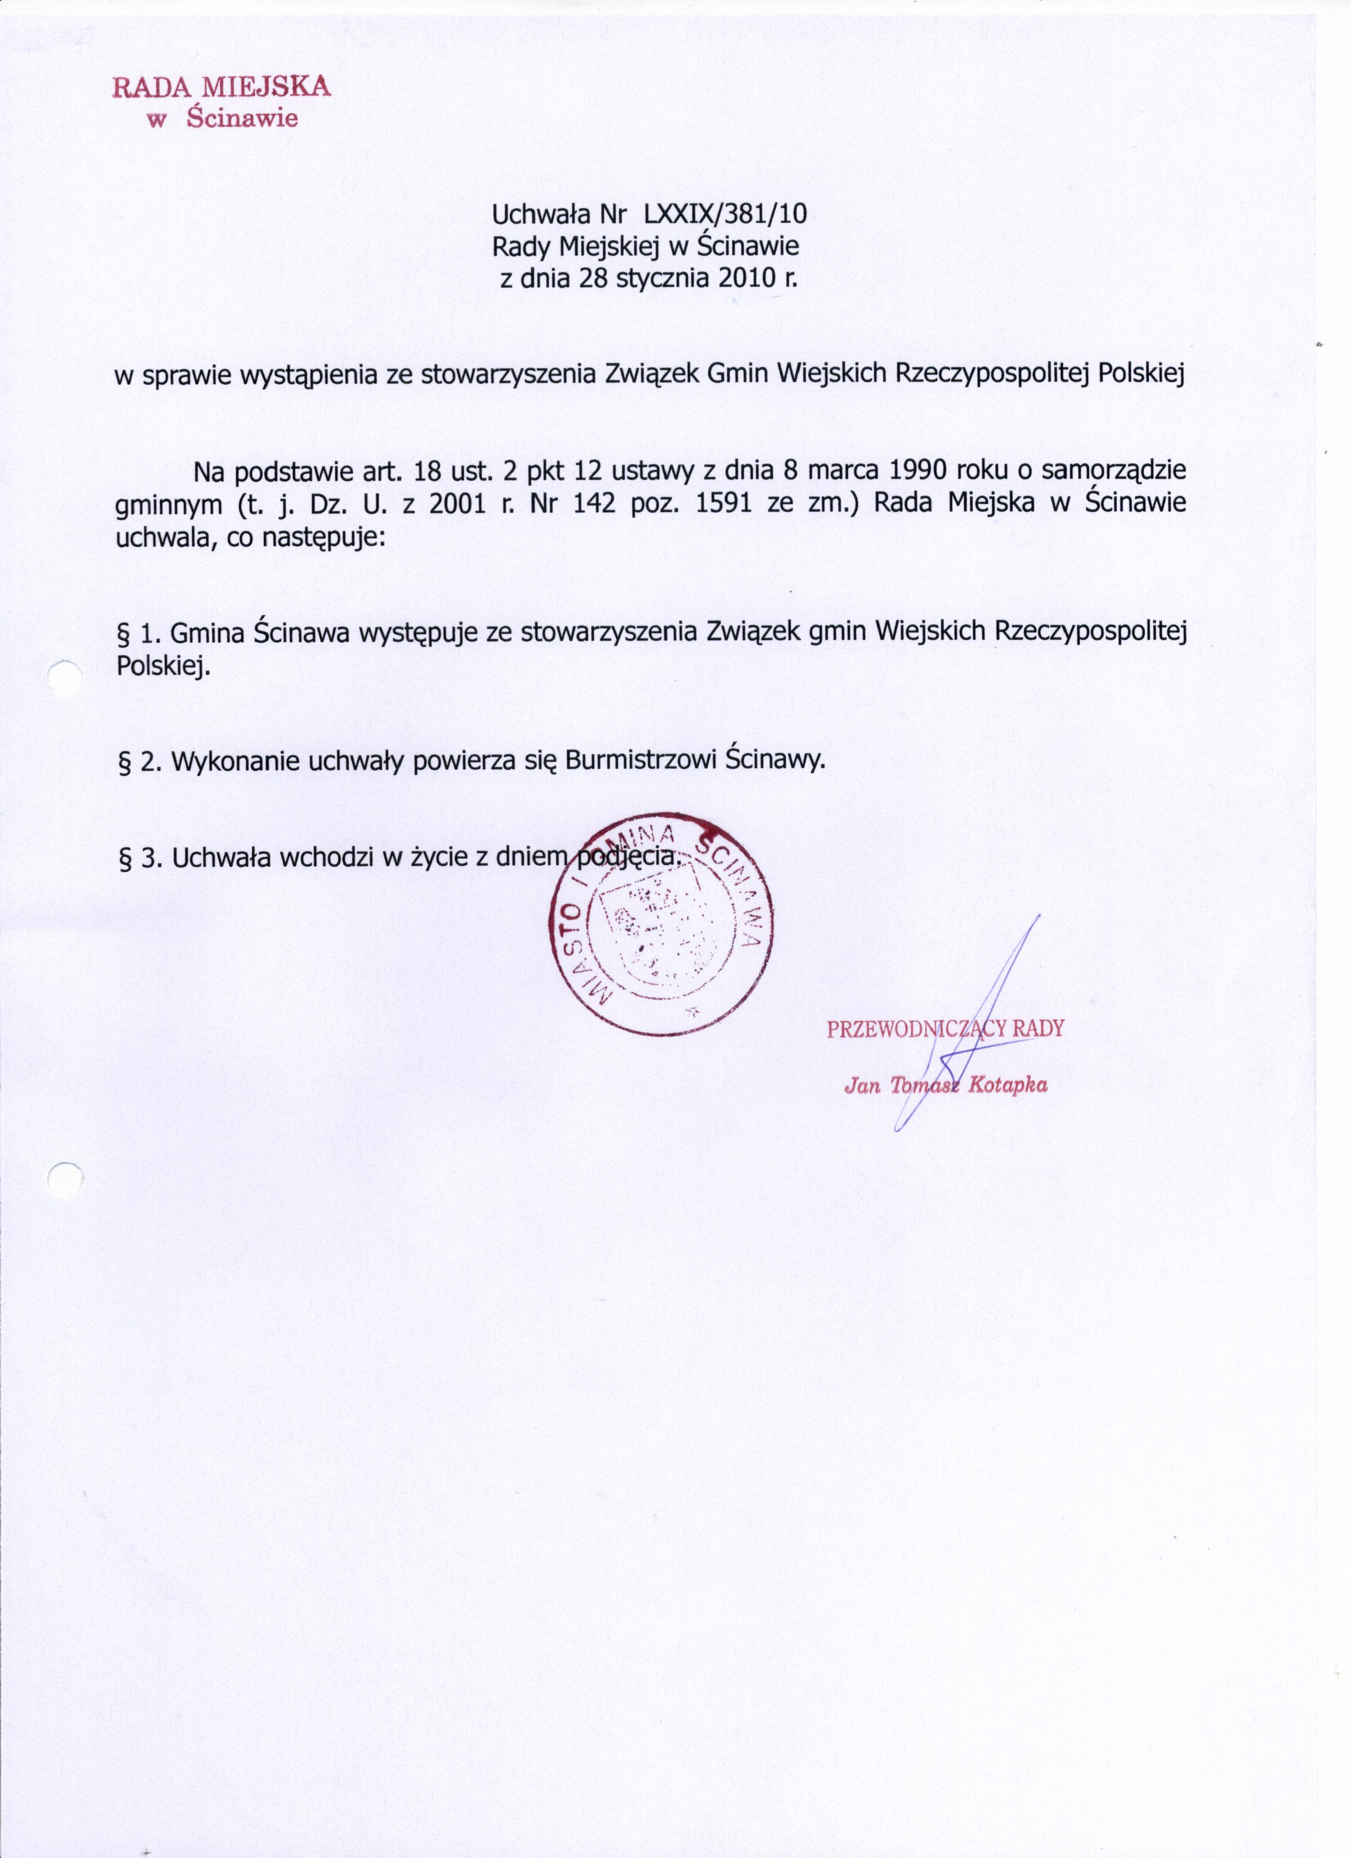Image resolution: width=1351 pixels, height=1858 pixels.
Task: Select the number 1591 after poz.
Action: pyautogui.click(x=723, y=503)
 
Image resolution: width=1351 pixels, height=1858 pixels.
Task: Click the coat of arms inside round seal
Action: pyautogui.click(x=651, y=931)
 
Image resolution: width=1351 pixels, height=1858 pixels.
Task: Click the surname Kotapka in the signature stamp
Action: pyautogui.click(x=1007, y=1086)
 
